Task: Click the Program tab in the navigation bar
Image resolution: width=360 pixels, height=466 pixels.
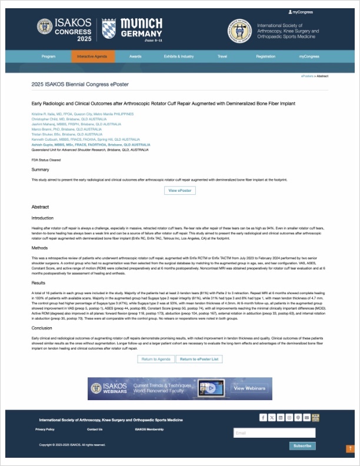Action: coord(48,56)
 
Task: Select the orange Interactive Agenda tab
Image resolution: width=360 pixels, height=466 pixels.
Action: coord(89,56)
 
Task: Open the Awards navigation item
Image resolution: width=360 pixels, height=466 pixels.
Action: coord(135,56)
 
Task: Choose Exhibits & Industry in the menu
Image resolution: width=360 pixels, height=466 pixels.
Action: coord(179,56)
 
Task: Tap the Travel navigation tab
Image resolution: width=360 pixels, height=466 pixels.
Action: coord(222,56)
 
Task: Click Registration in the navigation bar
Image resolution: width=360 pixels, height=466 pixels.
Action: coord(265,56)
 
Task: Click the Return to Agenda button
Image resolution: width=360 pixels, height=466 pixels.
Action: coord(156,359)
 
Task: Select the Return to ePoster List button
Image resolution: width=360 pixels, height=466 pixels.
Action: coord(199,359)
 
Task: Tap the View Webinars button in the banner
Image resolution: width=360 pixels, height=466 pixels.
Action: coord(249,388)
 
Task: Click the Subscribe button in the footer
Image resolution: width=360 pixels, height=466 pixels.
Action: coord(302,445)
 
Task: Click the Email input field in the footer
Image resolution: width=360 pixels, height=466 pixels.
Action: coord(274,433)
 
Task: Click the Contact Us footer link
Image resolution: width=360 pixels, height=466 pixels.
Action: coord(95,430)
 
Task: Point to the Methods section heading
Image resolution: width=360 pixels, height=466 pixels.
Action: coord(39,248)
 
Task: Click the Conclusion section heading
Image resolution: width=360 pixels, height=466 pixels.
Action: coord(42,328)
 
